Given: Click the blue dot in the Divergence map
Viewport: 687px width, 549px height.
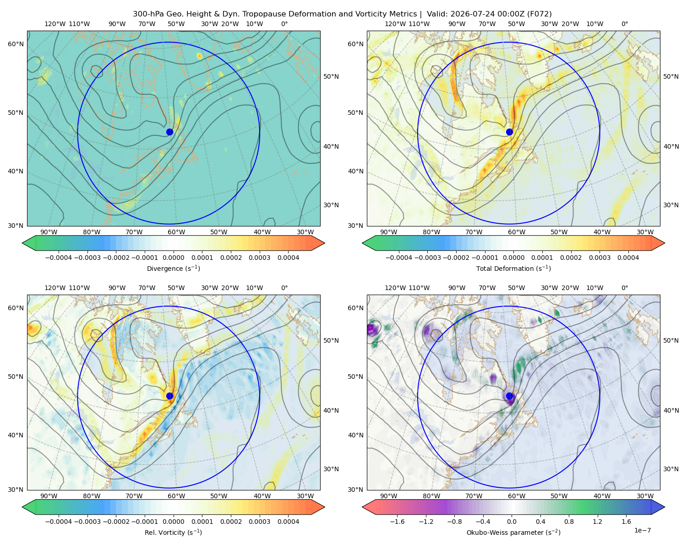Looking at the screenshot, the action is click(x=169, y=132).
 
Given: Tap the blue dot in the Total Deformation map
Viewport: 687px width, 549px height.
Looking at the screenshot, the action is click(x=509, y=132).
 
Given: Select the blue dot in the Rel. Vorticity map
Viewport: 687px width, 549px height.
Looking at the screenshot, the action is click(x=169, y=396).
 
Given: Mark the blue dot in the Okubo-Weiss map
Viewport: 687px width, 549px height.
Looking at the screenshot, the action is click(x=509, y=396).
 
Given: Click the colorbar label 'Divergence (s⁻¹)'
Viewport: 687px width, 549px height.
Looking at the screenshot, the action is click(x=173, y=268).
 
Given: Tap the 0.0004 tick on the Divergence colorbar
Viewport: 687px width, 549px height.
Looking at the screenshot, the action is click(x=288, y=258).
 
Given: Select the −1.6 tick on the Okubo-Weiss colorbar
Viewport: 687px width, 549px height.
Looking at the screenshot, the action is click(x=397, y=522).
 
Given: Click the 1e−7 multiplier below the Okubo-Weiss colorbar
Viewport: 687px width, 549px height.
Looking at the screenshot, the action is click(x=642, y=530).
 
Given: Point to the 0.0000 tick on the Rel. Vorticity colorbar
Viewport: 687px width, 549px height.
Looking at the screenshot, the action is click(x=173, y=522).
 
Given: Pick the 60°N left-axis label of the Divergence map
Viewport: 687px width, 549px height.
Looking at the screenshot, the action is click(x=16, y=44).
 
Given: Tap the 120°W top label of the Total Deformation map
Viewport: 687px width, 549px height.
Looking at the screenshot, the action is click(x=395, y=24).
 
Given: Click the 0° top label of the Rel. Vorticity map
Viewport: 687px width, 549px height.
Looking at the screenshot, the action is click(x=284, y=288).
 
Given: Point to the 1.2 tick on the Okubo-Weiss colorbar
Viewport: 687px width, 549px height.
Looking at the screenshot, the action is click(x=597, y=522).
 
